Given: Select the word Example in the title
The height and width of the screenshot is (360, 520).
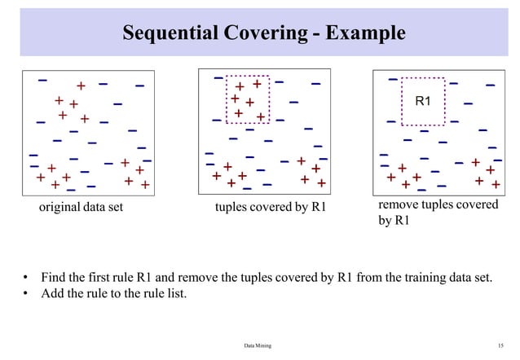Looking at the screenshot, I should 364,33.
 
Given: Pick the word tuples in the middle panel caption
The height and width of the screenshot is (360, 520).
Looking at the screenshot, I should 231,208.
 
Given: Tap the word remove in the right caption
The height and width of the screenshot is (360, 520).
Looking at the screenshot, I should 399,204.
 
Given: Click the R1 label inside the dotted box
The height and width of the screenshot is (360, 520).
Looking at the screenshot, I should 423,102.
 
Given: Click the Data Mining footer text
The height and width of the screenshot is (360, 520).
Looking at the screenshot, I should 258,346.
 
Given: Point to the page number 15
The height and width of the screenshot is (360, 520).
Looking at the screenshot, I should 500,346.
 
